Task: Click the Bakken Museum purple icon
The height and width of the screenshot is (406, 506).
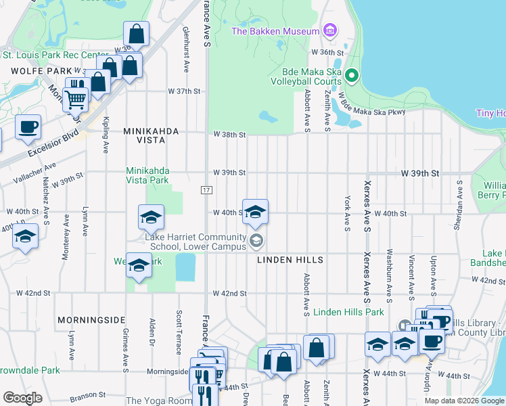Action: pyautogui.click(x=329, y=30)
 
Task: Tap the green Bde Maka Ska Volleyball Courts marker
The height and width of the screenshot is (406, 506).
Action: pyautogui.click(x=350, y=75)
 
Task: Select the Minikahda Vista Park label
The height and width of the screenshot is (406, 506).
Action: pyautogui.click(x=147, y=176)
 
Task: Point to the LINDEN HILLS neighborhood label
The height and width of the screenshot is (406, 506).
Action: pyautogui.click(x=290, y=260)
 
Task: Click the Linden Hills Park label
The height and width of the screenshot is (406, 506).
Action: pyautogui.click(x=349, y=312)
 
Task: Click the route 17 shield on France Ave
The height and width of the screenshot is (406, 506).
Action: pyautogui.click(x=206, y=190)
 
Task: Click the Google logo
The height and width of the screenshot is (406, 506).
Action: pyautogui.click(x=23, y=398)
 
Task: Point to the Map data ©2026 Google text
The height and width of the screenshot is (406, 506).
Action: pyautogui.click(x=463, y=401)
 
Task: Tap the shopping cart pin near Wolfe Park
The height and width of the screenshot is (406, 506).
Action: pyautogui.click(x=75, y=99)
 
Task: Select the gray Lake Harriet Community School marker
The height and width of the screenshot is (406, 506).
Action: pyautogui.click(x=256, y=240)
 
